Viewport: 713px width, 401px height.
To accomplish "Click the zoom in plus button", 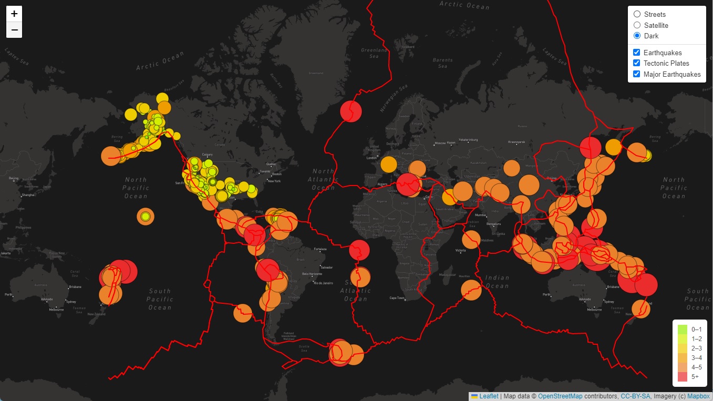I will tap(14, 14).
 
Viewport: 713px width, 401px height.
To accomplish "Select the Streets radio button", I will tap(637, 14).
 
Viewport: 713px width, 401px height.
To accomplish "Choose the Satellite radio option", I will tap(637, 25).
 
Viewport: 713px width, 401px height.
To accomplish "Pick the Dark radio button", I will tap(637, 36).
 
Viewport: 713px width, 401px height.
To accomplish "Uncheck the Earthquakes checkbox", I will tap(637, 53).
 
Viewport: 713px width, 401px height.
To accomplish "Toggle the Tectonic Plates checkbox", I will tap(637, 63).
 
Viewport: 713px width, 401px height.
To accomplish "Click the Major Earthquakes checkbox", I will tap(637, 74).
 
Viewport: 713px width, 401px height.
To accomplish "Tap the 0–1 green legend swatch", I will tap(683, 330).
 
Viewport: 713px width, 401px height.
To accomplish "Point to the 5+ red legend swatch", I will tap(683, 376).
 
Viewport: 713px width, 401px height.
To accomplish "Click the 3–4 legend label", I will tap(697, 357).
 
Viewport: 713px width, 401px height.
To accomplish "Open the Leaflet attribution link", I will tap(489, 396).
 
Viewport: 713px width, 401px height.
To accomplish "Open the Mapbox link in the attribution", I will tap(698, 396).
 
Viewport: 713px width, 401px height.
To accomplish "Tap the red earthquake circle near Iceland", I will tap(351, 111).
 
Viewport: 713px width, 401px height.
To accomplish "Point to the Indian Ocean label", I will tap(497, 282).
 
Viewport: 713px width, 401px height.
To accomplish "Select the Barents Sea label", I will tap(442, 63).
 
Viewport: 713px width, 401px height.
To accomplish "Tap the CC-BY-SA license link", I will tap(635, 396).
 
